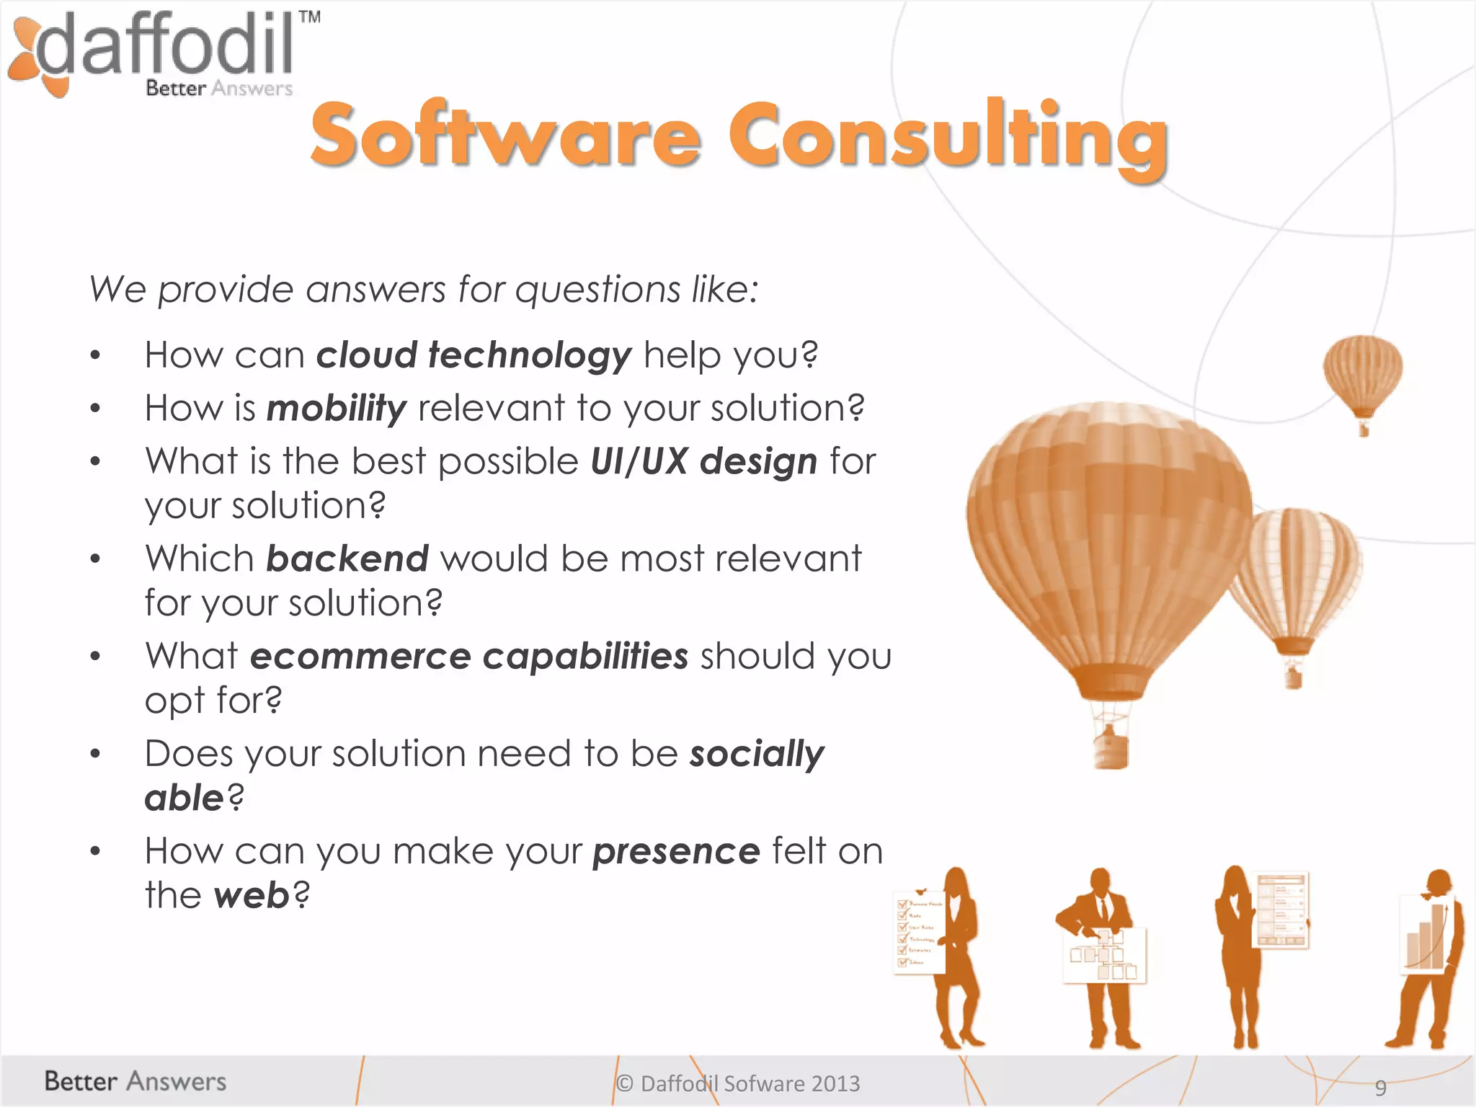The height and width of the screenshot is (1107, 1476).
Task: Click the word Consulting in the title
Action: tap(948, 137)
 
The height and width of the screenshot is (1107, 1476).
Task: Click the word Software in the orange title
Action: tap(504, 137)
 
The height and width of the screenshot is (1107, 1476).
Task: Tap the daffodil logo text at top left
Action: tap(166, 45)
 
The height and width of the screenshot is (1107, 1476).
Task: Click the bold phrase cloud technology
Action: tap(474, 355)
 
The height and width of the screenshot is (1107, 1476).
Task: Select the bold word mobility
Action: tap(337, 409)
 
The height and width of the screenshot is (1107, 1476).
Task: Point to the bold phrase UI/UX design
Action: tap(703, 461)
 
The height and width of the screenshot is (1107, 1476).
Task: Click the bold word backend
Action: tap(347, 559)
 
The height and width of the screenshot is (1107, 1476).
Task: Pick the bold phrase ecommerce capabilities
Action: tap(468, 656)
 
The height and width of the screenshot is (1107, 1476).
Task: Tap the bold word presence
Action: tap(676, 851)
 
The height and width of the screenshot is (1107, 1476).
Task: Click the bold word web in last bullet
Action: tap(252, 896)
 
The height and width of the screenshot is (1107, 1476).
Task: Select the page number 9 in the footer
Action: tap(1380, 1087)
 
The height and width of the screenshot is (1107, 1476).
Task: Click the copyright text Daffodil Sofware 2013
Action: tap(739, 1083)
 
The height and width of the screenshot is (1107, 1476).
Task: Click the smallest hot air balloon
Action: tap(1362, 375)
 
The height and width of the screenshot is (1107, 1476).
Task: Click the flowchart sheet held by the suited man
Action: tap(1103, 955)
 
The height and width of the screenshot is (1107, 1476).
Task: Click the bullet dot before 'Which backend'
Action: tap(95, 559)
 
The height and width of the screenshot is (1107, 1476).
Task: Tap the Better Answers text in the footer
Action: tap(135, 1081)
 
